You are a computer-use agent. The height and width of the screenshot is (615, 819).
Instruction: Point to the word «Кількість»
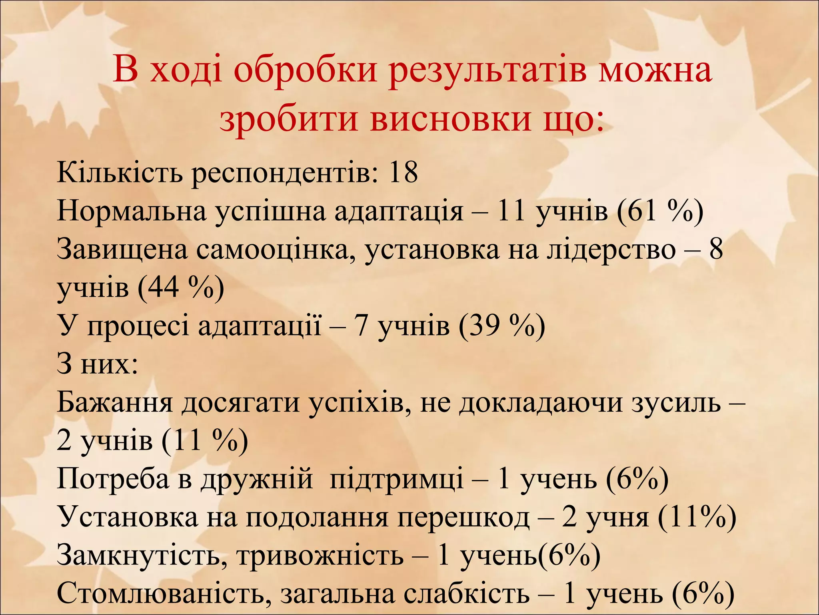(120, 173)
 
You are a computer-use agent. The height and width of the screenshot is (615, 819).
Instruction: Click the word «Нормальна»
(132, 211)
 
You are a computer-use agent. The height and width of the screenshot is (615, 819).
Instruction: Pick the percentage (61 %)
(660, 211)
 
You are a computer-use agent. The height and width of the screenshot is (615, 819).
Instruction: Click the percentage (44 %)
(181, 287)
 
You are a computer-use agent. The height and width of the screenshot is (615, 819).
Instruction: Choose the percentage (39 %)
(502, 326)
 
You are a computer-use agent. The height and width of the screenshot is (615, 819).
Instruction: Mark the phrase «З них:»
(98, 364)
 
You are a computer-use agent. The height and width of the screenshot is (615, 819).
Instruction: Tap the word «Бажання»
(115, 402)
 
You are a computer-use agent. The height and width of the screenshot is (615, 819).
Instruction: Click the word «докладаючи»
(541, 402)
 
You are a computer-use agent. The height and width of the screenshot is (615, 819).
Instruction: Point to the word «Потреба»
(113, 479)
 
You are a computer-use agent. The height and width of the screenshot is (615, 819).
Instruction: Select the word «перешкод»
(463, 517)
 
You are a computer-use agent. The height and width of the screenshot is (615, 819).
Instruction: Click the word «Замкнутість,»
(142, 555)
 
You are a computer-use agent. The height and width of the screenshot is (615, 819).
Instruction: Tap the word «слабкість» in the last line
(466, 594)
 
